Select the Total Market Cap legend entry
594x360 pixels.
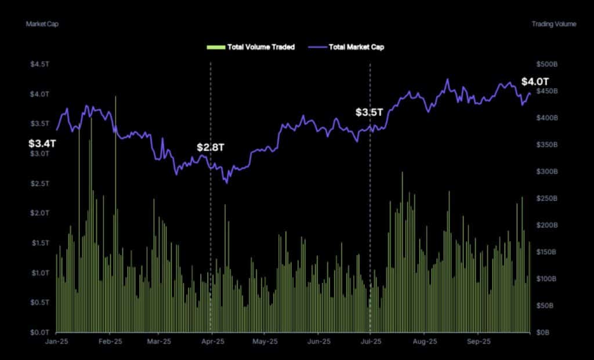pos(351,47)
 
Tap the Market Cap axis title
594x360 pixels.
pos(42,24)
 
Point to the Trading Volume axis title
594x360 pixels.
pos(554,24)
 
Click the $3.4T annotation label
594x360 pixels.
pos(43,142)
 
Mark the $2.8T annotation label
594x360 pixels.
pos(210,147)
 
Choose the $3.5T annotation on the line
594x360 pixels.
pos(370,112)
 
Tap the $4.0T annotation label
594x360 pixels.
pos(535,82)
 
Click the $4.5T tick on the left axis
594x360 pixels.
pos(39,64)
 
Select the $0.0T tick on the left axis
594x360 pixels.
pos(39,332)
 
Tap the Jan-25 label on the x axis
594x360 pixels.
pos(56,342)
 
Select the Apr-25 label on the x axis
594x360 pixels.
pos(212,342)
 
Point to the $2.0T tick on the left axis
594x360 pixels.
pos(39,213)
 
